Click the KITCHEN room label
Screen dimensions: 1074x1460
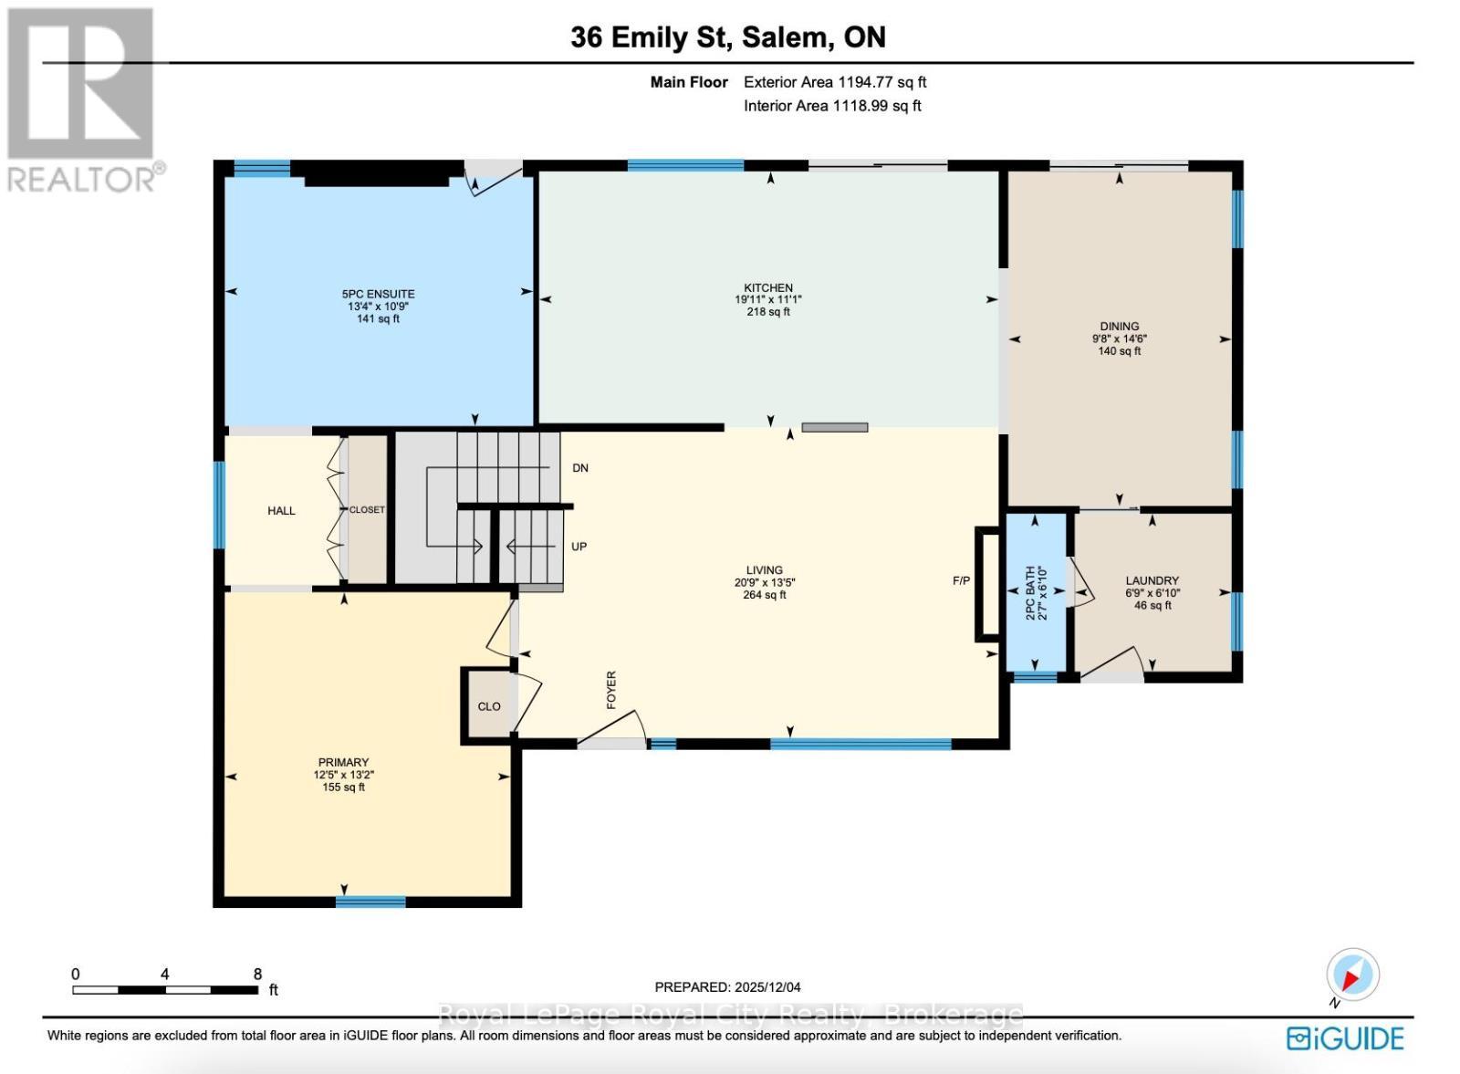(767, 287)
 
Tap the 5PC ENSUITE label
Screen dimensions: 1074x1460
(378, 294)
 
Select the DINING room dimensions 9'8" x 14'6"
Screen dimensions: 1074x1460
(1120, 339)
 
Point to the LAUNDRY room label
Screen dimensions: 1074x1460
(1152, 580)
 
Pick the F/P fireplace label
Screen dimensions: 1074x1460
(961, 580)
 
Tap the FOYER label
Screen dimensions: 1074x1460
(611, 690)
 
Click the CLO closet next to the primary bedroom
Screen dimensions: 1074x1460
(489, 706)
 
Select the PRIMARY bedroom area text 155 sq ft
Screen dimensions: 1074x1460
(343, 787)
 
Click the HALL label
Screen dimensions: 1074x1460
(281, 511)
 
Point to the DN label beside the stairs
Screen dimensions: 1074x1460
(580, 468)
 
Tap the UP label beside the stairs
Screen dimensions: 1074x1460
(579, 547)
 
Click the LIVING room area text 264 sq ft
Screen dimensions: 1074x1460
(764, 595)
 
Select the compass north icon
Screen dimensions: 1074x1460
(1351, 975)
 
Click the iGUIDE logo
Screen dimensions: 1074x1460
(1345, 1038)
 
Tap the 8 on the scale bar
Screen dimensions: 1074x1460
(258, 974)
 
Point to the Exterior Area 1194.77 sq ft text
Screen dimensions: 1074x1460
(835, 82)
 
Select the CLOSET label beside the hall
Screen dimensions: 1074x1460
(367, 510)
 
